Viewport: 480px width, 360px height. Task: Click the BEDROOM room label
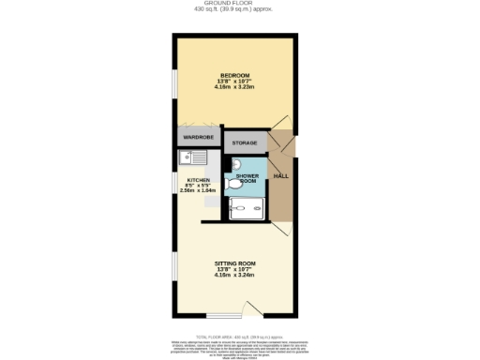(x=234, y=75)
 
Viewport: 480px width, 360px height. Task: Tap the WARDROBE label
(x=198, y=138)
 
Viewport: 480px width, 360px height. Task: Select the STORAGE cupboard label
(x=244, y=143)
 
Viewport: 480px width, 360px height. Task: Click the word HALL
(x=279, y=176)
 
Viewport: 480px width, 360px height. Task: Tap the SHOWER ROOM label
(x=247, y=178)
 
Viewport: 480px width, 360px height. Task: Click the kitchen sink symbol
(x=187, y=159)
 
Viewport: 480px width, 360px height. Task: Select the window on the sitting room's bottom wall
(x=223, y=316)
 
